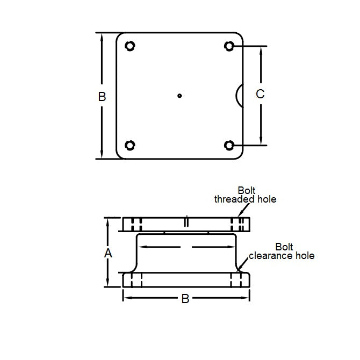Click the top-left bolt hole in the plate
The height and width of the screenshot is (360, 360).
click(x=129, y=46)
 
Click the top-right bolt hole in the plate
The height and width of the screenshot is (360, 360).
click(x=229, y=46)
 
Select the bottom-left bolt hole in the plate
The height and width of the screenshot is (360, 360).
click(x=129, y=145)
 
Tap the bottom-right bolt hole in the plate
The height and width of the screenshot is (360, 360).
click(x=229, y=145)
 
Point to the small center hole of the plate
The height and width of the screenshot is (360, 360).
click(x=180, y=96)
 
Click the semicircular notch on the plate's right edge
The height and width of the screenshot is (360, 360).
click(x=240, y=95)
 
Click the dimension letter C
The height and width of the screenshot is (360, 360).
click(x=260, y=94)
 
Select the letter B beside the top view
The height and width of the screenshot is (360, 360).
click(x=102, y=97)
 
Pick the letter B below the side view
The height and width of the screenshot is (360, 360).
click(x=185, y=299)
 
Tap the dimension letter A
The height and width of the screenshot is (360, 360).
click(x=107, y=253)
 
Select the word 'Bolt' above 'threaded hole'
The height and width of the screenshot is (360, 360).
click(x=247, y=190)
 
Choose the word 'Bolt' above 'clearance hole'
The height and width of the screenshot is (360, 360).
click(x=284, y=247)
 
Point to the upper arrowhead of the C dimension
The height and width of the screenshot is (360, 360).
click(x=262, y=50)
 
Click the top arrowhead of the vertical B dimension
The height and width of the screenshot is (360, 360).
click(x=101, y=36)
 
